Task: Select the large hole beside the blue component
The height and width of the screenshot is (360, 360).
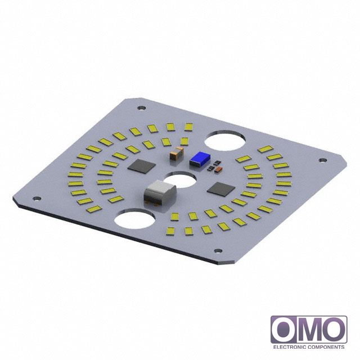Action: click(x=225, y=141)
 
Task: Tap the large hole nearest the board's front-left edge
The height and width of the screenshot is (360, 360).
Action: click(x=134, y=218)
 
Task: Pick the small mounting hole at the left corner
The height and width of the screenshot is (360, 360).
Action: click(x=36, y=198)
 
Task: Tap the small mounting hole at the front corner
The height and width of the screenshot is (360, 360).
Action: click(x=217, y=251)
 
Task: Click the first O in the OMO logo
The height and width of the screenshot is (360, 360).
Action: click(x=285, y=329)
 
